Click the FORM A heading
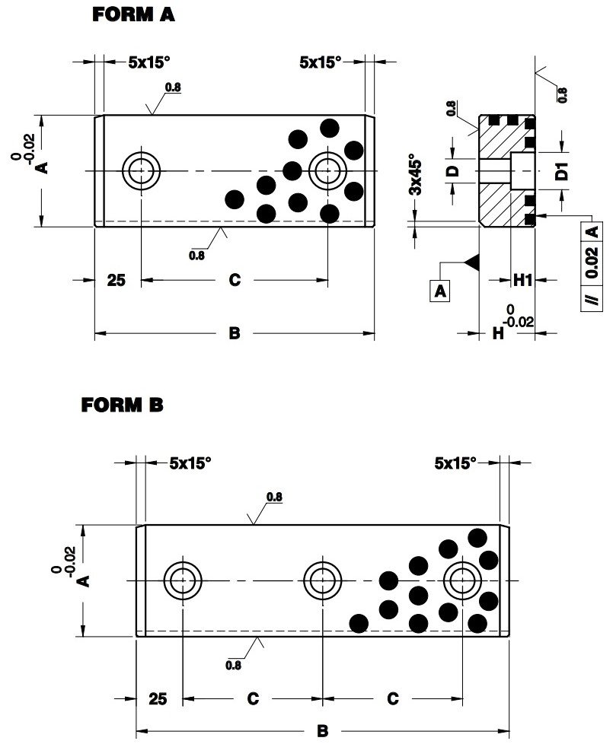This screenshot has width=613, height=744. pos(133,15)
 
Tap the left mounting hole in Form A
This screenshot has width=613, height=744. pos(141,170)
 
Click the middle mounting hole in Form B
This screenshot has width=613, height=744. pos(322,581)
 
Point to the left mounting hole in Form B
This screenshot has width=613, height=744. pos(183,581)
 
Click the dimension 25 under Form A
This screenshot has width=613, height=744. pos(116,281)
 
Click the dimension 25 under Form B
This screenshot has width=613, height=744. pos(158,698)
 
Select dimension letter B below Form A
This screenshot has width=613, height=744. pos(235,332)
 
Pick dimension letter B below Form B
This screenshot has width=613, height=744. pos(322,731)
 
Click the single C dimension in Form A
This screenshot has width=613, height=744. pos(235,281)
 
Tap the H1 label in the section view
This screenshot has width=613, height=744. pos(522,281)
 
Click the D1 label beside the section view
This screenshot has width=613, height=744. pos(562,170)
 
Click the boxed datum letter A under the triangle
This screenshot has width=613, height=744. pos(439,290)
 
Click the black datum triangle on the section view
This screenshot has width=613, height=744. pos(471,261)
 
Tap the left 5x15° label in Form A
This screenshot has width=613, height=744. pos(147,63)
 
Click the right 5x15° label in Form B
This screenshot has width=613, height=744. pos(455,462)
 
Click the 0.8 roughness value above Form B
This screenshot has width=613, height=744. pos(274,497)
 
